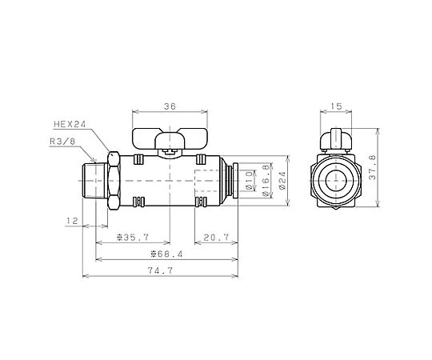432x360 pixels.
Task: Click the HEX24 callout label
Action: coord(70,124)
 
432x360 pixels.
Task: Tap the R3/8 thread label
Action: coord(62,142)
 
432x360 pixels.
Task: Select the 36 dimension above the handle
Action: coord(170,106)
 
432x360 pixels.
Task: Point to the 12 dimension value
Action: coord(72,221)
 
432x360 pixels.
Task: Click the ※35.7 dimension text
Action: coord(133,237)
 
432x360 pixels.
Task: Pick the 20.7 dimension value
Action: coord(216,237)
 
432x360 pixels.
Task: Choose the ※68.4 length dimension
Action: coord(166,254)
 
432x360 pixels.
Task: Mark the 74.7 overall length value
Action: coord(160,270)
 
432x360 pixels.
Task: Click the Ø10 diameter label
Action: coord(249,181)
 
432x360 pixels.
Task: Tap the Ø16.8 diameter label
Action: coord(266,181)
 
